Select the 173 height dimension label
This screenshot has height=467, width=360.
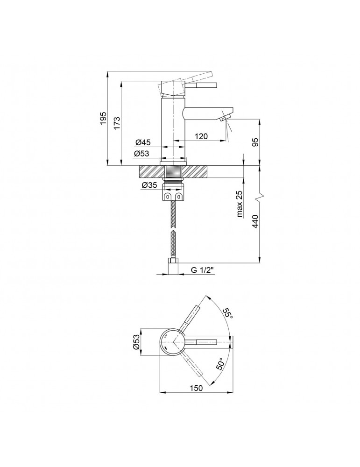(117, 123)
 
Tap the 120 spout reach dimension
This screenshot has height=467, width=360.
(201, 136)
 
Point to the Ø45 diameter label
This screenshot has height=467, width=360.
(142, 142)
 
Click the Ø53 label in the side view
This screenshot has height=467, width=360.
(142, 154)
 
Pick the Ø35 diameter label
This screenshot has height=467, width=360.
(149, 185)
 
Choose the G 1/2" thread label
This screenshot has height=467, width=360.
(203, 269)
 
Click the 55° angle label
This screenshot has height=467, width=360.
(227, 313)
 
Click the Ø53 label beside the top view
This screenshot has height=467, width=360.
(137, 342)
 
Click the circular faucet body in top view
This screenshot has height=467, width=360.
(173, 342)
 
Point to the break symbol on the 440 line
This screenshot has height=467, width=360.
(260, 195)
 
